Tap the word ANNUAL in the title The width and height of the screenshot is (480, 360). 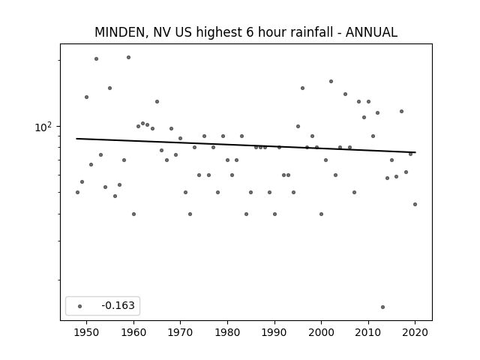click(x=371, y=32)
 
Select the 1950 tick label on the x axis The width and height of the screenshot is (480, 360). click(x=87, y=333)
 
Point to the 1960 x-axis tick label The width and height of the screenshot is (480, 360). click(x=133, y=333)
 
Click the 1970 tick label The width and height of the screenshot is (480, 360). click(x=181, y=333)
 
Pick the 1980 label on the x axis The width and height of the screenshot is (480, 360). click(x=227, y=333)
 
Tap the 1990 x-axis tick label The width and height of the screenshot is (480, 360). click(x=274, y=333)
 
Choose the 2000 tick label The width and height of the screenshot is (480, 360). click(x=322, y=333)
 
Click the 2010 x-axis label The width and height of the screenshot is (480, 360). click(x=368, y=333)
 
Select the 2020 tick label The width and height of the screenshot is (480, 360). click(x=415, y=333)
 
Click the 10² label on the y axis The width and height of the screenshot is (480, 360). click(x=43, y=127)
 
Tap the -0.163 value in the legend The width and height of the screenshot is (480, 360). click(x=118, y=305)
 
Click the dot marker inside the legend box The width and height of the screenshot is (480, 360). click(x=80, y=306)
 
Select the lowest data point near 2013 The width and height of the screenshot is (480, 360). click(x=382, y=307)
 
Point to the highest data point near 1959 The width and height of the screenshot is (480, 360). click(x=128, y=57)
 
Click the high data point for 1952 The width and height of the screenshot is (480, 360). click(x=96, y=58)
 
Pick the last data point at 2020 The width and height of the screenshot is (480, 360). click(x=415, y=204)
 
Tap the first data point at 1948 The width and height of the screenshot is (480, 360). click(x=77, y=192)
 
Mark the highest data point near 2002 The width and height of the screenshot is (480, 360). click(x=331, y=82)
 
